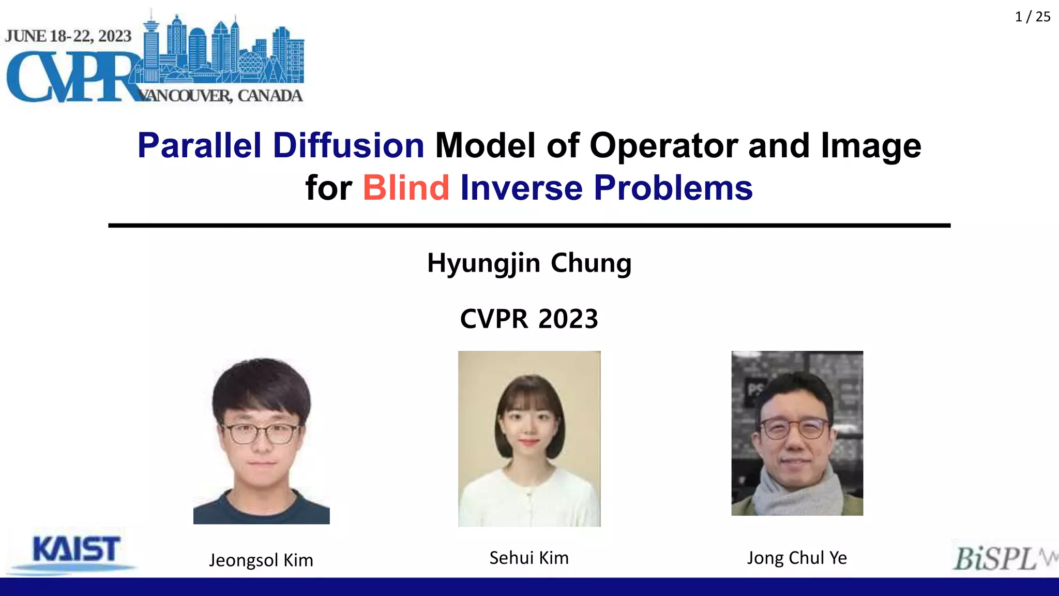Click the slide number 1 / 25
(1032, 17)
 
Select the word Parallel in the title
(199, 145)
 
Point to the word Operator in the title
(663, 145)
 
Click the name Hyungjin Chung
(529, 263)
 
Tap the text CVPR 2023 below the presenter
(529, 319)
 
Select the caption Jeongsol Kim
(261, 560)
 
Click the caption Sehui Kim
(529, 558)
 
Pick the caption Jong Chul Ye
(797, 558)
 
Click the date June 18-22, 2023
(68, 36)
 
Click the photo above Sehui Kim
(529, 439)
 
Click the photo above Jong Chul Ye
(797, 433)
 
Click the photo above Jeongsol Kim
(261, 440)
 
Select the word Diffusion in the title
(349, 145)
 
